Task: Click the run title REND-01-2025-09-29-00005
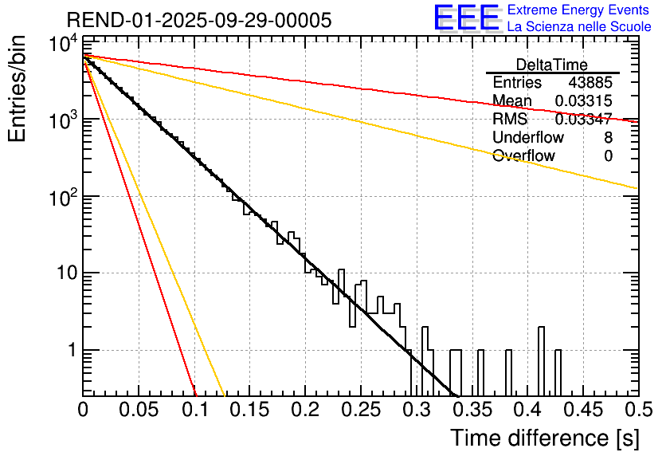coord(199,20)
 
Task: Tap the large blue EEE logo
coord(467,18)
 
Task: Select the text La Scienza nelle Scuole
coord(579,26)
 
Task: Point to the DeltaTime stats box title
coord(552,65)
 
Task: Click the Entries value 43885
coord(590,83)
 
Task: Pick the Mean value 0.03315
coord(584,100)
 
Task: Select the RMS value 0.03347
coord(584,120)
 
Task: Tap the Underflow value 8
coord(608,138)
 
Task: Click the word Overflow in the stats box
coord(523,156)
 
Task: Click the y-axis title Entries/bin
coord(18,90)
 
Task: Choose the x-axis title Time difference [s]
coord(543,438)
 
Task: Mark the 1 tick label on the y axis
coord(70,351)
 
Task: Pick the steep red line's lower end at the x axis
coord(195,393)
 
